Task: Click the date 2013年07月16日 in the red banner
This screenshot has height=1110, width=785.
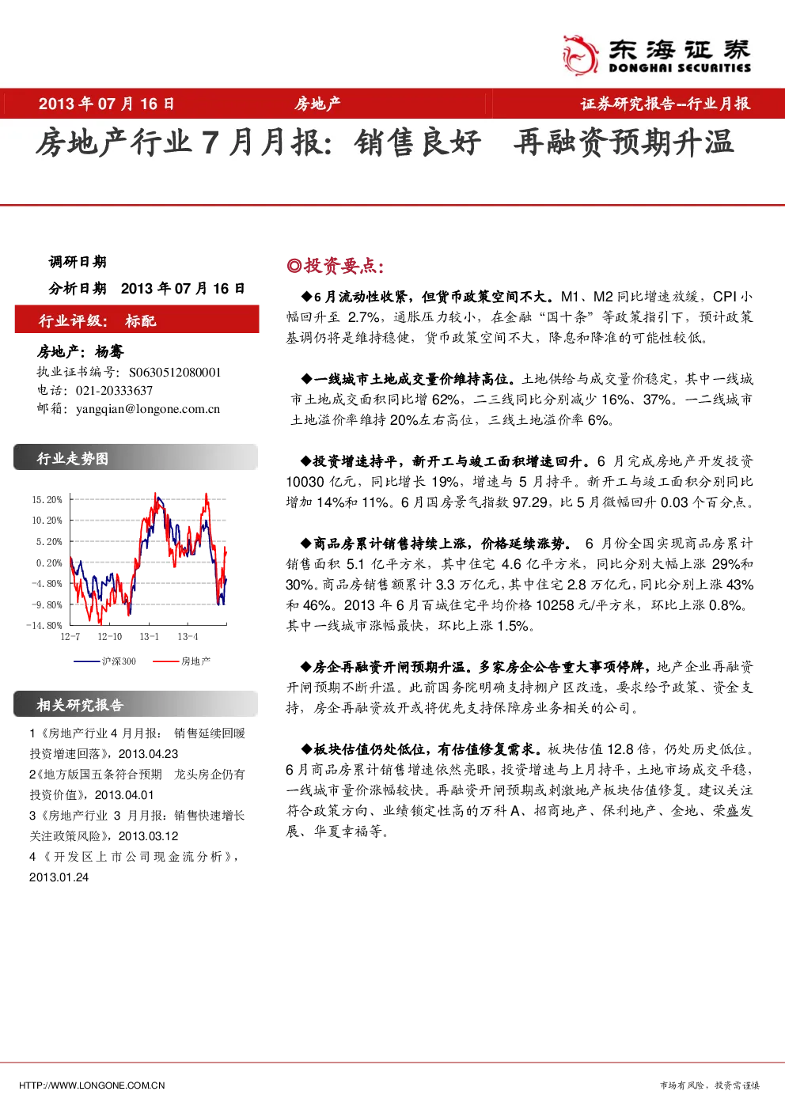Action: (x=107, y=104)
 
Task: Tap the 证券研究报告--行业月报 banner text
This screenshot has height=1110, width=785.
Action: (x=665, y=104)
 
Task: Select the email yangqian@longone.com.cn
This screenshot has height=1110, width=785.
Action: (x=148, y=409)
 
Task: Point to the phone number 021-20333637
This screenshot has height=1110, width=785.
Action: (x=114, y=391)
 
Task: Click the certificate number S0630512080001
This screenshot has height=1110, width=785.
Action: (x=175, y=372)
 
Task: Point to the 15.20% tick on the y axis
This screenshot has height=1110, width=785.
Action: (x=47, y=499)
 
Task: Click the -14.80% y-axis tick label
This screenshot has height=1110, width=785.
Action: (x=44, y=625)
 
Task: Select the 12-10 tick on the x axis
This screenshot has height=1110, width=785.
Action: (x=109, y=636)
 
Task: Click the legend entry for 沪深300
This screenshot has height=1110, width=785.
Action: (x=104, y=661)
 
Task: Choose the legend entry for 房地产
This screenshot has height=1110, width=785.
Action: (x=181, y=661)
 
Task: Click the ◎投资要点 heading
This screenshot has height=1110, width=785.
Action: (x=336, y=266)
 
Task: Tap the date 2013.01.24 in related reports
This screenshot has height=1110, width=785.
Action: (x=59, y=877)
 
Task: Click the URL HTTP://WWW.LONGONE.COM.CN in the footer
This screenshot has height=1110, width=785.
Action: (x=92, y=1085)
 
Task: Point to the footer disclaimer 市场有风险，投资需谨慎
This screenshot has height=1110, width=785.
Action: (x=710, y=1085)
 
